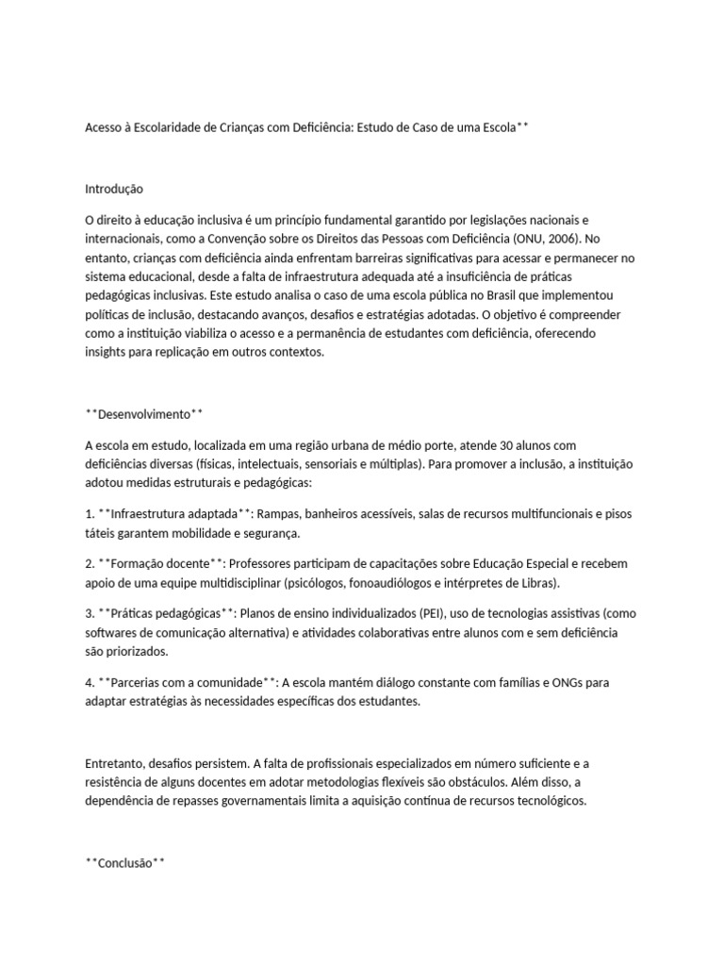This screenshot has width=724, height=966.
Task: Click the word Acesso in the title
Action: [105, 126]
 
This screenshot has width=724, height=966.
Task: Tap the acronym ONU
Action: [544, 238]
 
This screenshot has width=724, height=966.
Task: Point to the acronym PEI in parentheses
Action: [397, 612]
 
